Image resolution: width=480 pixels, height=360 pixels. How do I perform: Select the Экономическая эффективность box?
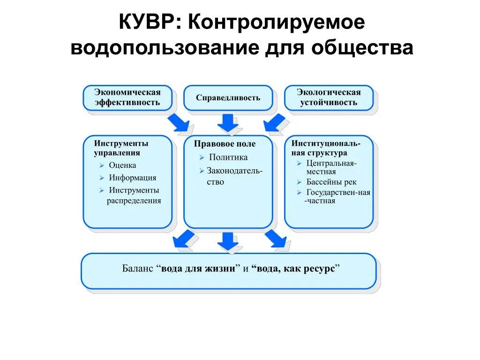[x=127, y=97]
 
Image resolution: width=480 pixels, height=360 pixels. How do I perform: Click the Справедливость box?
[x=228, y=97]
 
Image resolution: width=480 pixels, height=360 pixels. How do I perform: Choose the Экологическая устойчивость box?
[x=329, y=97]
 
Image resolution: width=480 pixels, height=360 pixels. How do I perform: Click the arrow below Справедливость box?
[x=228, y=123]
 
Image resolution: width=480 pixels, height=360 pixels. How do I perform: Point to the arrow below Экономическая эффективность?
[x=178, y=123]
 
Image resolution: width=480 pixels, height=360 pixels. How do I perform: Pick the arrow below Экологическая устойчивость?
[x=274, y=123]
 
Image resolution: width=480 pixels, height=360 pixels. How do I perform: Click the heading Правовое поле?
[x=225, y=144]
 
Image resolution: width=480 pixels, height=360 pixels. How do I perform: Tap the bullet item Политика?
[x=228, y=157]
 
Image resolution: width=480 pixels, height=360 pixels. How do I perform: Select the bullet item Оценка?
[x=122, y=165]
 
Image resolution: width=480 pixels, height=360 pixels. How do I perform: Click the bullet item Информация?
[x=133, y=178]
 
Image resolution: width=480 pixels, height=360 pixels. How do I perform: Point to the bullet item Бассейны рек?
[x=331, y=182]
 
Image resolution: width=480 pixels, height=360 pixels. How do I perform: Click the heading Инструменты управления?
[x=121, y=148]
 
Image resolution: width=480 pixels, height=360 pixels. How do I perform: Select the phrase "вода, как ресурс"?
[x=295, y=269]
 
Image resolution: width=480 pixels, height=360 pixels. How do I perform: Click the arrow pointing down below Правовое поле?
[x=228, y=241]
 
